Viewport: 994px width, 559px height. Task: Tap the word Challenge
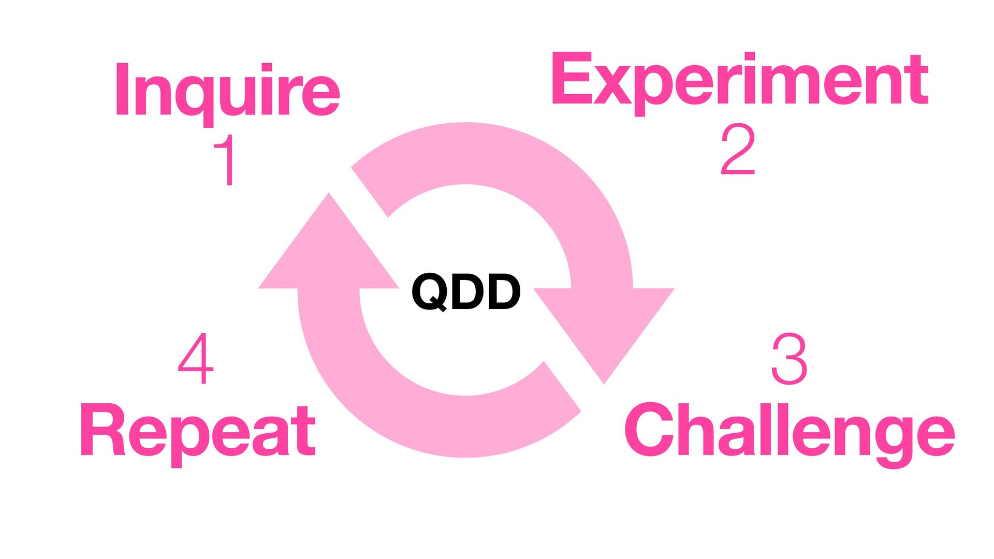click(x=789, y=431)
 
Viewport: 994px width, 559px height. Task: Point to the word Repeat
click(x=198, y=431)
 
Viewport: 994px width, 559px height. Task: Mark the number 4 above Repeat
click(x=196, y=359)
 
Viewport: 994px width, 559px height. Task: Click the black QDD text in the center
click(x=465, y=292)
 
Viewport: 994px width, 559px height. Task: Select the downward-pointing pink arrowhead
click(x=604, y=331)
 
